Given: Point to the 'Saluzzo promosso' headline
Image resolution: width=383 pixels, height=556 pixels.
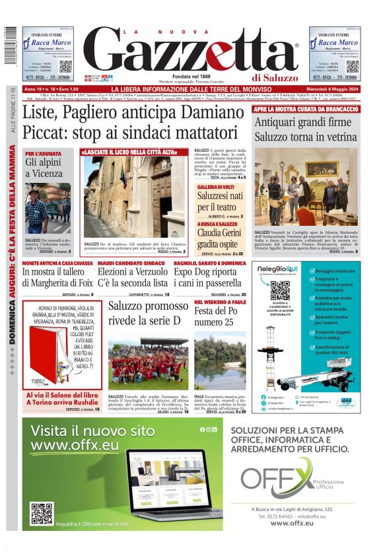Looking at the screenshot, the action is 148,306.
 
